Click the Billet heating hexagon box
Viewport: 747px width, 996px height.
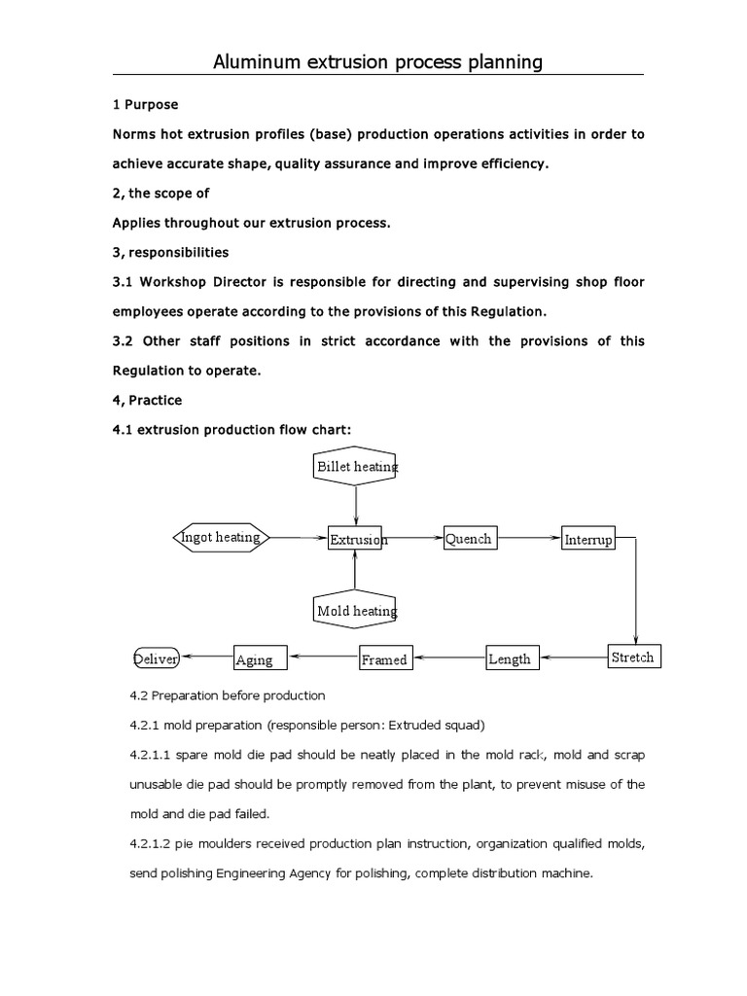point(356,466)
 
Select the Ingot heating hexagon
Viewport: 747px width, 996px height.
point(221,537)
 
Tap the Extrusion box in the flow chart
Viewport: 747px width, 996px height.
point(356,538)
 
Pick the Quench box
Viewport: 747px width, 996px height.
point(469,538)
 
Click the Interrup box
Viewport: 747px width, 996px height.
point(588,539)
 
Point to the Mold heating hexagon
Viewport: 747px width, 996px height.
point(356,610)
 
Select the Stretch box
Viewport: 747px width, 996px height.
point(632,658)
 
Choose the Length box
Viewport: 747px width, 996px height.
point(512,658)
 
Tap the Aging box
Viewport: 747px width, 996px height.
point(261,658)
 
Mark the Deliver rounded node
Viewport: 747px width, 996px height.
point(156,658)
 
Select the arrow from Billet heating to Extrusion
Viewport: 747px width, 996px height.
point(356,506)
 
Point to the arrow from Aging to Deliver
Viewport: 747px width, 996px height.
point(206,657)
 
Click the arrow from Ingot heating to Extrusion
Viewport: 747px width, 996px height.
point(297,537)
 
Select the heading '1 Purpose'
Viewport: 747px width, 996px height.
point(146,104)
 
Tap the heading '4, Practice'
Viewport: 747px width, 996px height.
point(148,400)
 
